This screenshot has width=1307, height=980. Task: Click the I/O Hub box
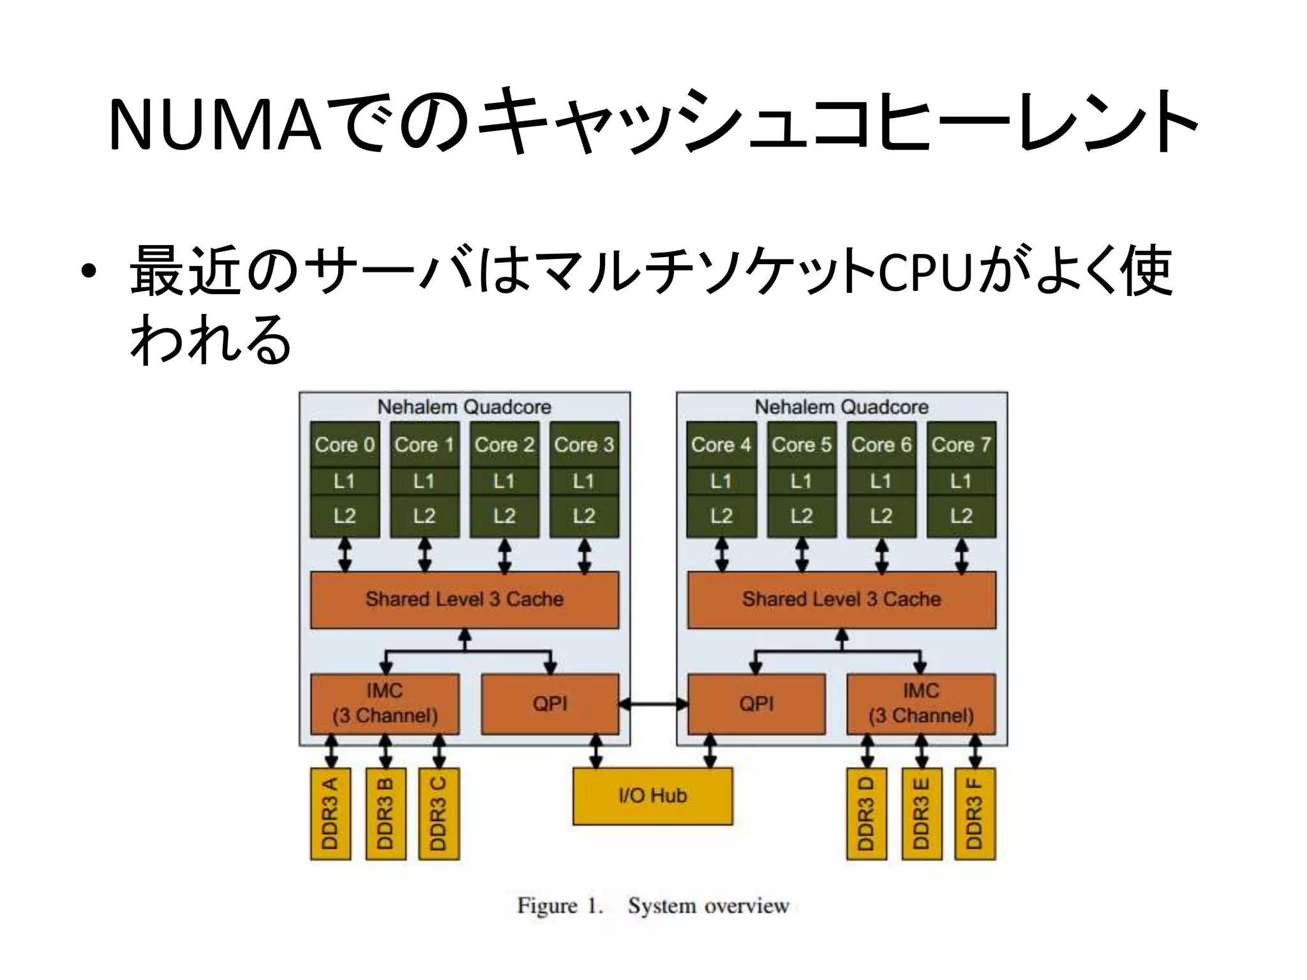click(x=652, y=796)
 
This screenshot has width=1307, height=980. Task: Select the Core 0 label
click(x=345, y=445)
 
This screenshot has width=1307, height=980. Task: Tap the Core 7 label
click(x=961, y=445)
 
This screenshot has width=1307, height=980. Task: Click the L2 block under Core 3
click(x=584, y=516)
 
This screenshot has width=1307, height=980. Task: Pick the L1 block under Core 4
click(x=721, y=480)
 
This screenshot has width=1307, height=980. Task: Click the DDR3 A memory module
click(x=330, y=813)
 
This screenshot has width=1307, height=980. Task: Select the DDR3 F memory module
click(x=975, y=813)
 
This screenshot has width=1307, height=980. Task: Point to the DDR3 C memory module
click(x=438, y=813)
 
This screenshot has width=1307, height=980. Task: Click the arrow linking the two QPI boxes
click(x=653, y=704)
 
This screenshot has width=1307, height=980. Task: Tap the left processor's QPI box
click(x=550, y=704)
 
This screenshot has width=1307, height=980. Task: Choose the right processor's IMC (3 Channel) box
click(x=921, y=703)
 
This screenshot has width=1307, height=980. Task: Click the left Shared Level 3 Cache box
click(x=464, y=599)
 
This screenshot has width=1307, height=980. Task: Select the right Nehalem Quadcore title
click(x=841, y=406)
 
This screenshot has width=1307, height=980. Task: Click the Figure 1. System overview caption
click(x=653, y=905)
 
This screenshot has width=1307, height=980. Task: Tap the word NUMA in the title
click(x=214, y=126)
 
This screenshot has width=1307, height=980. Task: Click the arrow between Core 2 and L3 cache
click(x=504, y=555)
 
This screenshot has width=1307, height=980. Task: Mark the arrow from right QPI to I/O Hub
click(x=710, y=751)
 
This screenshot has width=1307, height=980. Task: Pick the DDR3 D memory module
click(x=866, y=813)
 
